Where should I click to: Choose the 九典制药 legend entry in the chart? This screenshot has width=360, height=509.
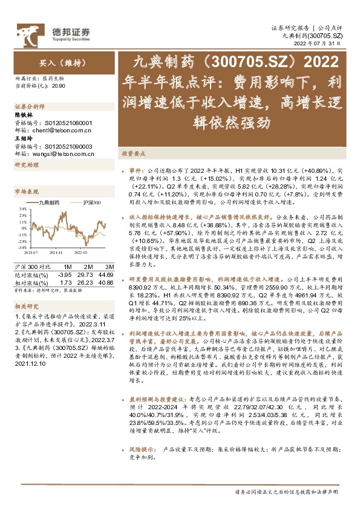(x=49, y=203)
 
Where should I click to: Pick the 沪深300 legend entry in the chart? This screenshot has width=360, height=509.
(x=90, y=203)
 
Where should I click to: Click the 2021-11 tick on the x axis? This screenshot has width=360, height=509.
(x=57, y=252)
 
